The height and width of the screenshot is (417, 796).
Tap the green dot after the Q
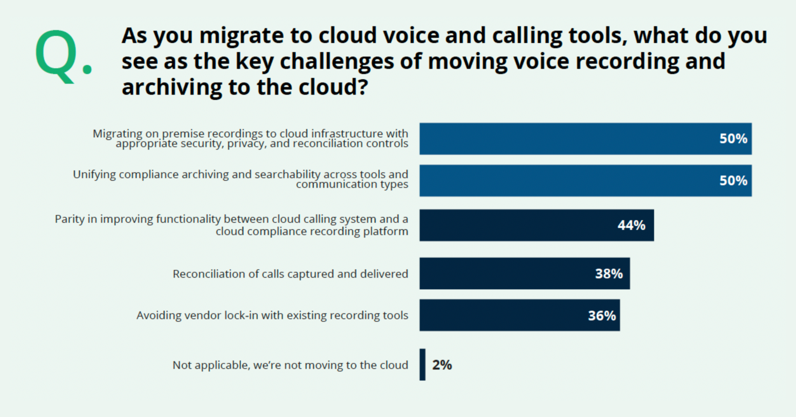pyautogui.click(x=87, y=69)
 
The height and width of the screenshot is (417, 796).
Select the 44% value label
pyautogui.click(x=631, y=225)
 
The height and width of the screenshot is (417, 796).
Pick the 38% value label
pyautogui.click(x=609, y=273)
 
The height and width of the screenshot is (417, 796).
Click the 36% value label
pyautogui.click(x=602, y=315)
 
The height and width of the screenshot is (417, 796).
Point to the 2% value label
pyautogui.click(x=442, y=365)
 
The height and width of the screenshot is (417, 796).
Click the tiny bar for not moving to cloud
pyautogui.click(x=422, y=364)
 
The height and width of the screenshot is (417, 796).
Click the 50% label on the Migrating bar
pyautogui.click(x=733, y=139)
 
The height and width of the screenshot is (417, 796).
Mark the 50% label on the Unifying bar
pyautogui.click(x=733, y=180)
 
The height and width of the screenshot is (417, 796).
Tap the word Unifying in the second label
pyautogui.click(x=94, y=175)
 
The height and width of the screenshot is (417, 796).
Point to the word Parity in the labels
pyautogui.click(x=70, y=219)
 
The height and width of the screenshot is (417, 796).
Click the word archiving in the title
pyautogui.click(x=171, y=87)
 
